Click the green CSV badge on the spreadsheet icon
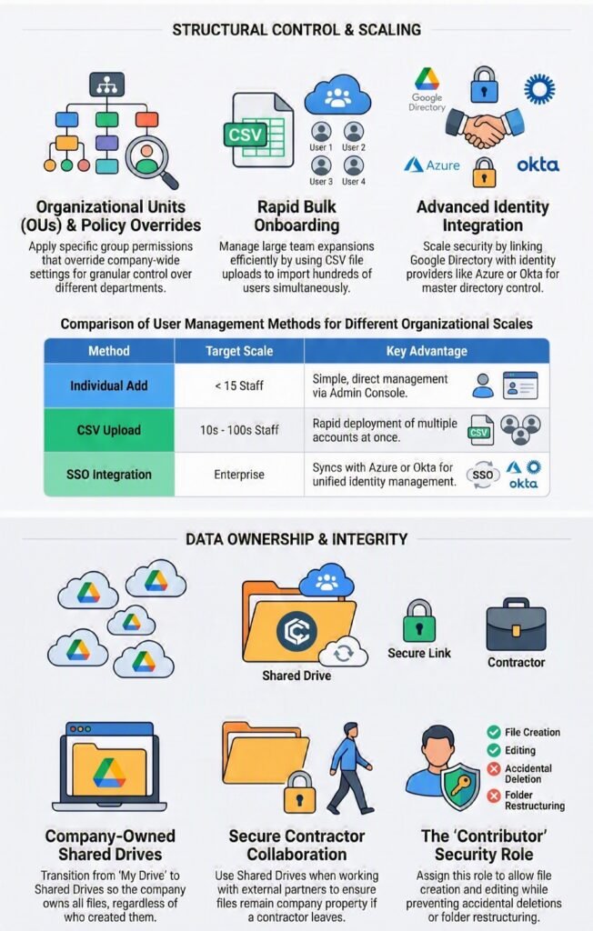tap(245, 135)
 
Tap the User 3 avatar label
tap(321, 181)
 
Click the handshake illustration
tap(485, 127)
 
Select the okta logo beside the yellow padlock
tap(538, 165)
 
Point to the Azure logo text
tap(443, 165)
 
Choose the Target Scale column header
tap(239, 351)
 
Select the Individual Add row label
tap(109, 385)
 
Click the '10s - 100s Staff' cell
tap(239, 430)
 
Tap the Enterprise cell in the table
tap(239, 475)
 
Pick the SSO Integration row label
tap(109, 475)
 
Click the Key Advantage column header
tap(427, 351)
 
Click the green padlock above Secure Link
tap(419, 620)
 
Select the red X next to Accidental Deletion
tap(494, 769)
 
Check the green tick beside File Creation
tap(494, 732)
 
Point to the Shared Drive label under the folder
tap(296, 676)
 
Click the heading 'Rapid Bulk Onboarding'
tap(296, 216)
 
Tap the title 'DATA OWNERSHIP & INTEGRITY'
tap(296, 539)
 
